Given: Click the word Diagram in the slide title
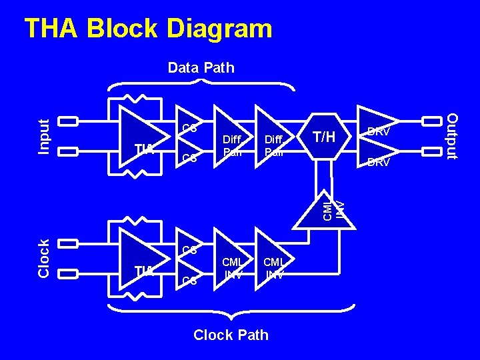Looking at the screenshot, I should (x=220, y=29).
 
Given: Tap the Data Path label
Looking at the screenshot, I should (x=201, y=67).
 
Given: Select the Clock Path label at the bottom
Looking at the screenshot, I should (x=231, y=335).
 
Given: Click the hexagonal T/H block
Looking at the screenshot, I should (x=325, y=137).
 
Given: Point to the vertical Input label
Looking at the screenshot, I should (x=43, y=137).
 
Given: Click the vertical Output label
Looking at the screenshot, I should (x=452, y=137).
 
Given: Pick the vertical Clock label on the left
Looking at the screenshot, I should (x=43, y=258).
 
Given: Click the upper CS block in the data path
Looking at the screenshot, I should (x=189, y=127).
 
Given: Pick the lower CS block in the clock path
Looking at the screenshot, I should (x=189, y=281).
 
